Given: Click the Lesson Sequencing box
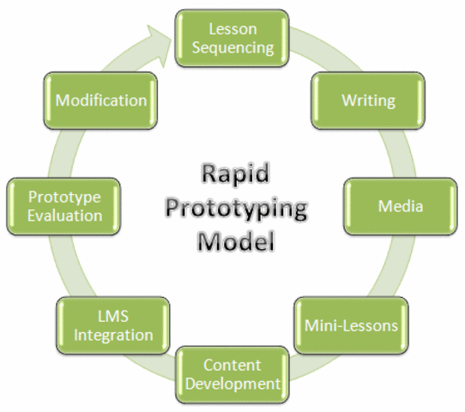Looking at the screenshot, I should coord(232,38).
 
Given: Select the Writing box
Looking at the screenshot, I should coord(368,100).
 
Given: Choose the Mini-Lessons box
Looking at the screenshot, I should coord(351,325).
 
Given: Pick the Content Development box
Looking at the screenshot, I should coord(232,374).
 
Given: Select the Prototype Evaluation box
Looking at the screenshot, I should coord(64,207).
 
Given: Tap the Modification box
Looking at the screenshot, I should coord(101,100).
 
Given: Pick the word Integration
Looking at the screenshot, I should coord(112,335).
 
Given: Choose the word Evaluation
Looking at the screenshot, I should coord(64,215).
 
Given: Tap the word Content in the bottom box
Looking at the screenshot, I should coord(232,366).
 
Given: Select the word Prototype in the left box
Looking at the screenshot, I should coord(64,197).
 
